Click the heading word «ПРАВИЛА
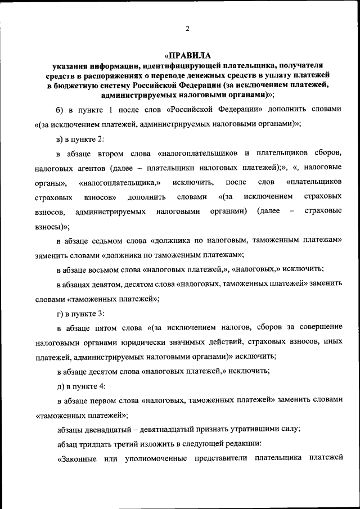tap(187, 56)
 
